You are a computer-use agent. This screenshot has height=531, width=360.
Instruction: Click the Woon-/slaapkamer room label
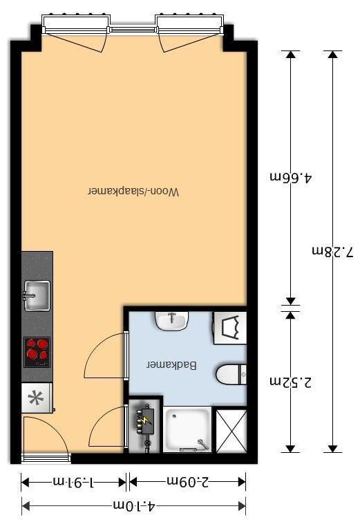[x=133, y=192]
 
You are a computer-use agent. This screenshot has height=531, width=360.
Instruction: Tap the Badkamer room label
[x=171, y=365]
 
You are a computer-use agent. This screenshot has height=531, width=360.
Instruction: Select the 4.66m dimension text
[x=291, y=177]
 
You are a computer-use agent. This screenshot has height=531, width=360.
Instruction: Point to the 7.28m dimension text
[x=332, y=252]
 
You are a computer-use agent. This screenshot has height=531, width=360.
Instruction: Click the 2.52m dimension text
[x=291, y=382]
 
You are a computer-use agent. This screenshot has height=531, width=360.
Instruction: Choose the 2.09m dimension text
[x=188, y=481]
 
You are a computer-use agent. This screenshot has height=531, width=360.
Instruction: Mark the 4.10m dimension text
[x=134, y=507]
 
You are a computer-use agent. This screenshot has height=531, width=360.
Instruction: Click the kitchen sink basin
[x=37, y=295]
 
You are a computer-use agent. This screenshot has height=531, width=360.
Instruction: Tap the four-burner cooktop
[x=37, y=352]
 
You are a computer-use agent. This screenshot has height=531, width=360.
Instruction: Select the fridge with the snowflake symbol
[x=37, y=398]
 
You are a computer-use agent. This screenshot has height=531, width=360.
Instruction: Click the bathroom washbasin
[x=171, y=321]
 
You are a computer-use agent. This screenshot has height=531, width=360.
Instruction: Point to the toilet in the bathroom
[x=231, y=375]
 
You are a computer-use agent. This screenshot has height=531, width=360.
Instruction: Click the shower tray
[x=187, y=429]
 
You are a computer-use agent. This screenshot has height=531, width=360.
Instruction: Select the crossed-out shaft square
[x=231, y=431]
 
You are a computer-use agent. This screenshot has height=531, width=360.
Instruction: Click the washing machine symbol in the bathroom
[x=230, y=328]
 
